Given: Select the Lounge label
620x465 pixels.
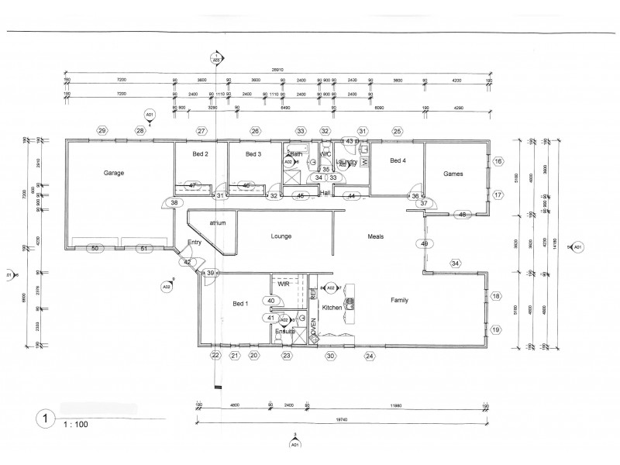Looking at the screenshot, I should pos(281,236).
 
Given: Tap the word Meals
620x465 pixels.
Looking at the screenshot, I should pos(375,236).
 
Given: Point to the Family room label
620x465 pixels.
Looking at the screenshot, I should pos(399,300).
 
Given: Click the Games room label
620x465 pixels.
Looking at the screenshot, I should pos(453,174).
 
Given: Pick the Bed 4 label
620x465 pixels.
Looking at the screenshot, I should pos(397,160).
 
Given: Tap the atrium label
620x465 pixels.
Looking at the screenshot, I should pos(217,223).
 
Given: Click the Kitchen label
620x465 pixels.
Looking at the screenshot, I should pos(332,308).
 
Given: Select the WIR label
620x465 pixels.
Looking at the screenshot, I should pos(284,285).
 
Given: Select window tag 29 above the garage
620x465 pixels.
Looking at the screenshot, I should pos(102,130).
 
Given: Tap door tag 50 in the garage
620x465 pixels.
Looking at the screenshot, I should pos(95,248).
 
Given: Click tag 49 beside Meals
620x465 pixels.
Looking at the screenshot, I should pos(424,243).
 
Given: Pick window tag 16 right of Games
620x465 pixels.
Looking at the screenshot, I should pos(498,161).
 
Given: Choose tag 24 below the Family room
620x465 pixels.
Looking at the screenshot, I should pos(370,356).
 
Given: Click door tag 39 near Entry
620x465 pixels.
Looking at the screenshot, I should pos(210,273).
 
